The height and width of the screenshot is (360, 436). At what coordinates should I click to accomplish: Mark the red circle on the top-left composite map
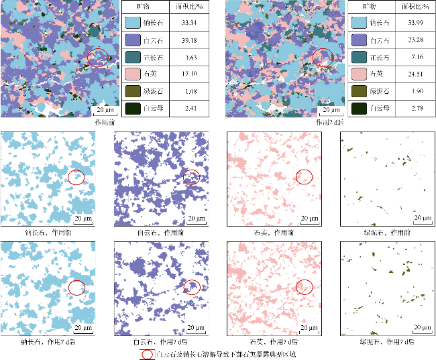click(x=98, y=58)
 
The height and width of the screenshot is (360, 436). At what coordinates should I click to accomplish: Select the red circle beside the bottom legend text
click(x=147, y=353)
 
